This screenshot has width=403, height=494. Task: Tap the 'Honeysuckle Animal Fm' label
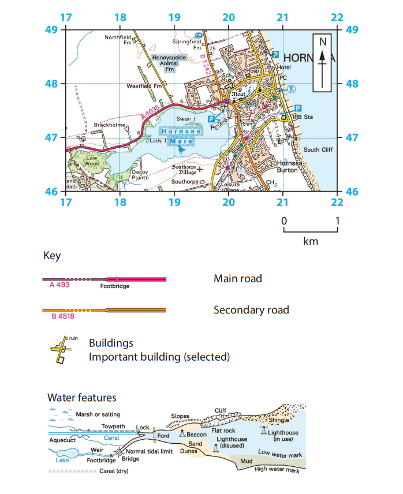coord(162,63)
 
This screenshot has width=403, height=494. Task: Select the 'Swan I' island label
coord(184,118)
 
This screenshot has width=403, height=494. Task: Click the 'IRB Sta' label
coord(300,118)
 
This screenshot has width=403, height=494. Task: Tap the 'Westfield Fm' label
coord(143,87)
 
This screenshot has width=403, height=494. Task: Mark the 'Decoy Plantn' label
coord(142,174)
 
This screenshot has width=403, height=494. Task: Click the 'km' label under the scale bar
coord(310,241)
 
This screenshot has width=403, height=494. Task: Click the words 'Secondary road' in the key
coord(251,310)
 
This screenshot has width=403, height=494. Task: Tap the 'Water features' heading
coord(81,398)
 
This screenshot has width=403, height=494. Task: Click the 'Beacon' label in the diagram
coord(197,434)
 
